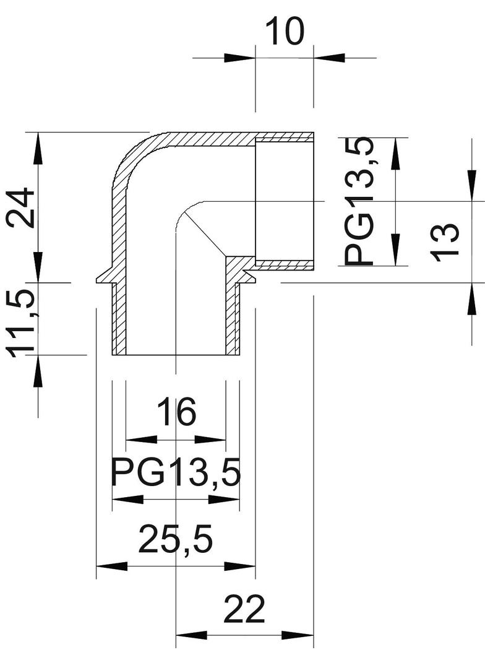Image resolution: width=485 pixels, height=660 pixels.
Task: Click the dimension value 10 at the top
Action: click(285, 32)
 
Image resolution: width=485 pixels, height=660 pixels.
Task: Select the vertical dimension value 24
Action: click(20, 207)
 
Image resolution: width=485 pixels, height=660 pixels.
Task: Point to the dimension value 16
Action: click(176, 412)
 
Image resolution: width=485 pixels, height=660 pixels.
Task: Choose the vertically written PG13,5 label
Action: click(359, 201)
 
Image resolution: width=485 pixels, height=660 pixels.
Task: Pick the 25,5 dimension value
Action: click(176, 539)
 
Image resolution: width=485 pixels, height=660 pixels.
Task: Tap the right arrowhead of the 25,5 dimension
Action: click(241, 567)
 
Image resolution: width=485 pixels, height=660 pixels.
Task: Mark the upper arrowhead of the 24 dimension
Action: click(38, 147)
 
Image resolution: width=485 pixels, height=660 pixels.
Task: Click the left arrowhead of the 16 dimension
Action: click(141, 440)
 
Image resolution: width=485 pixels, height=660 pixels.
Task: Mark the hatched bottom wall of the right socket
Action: click(285, 266)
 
